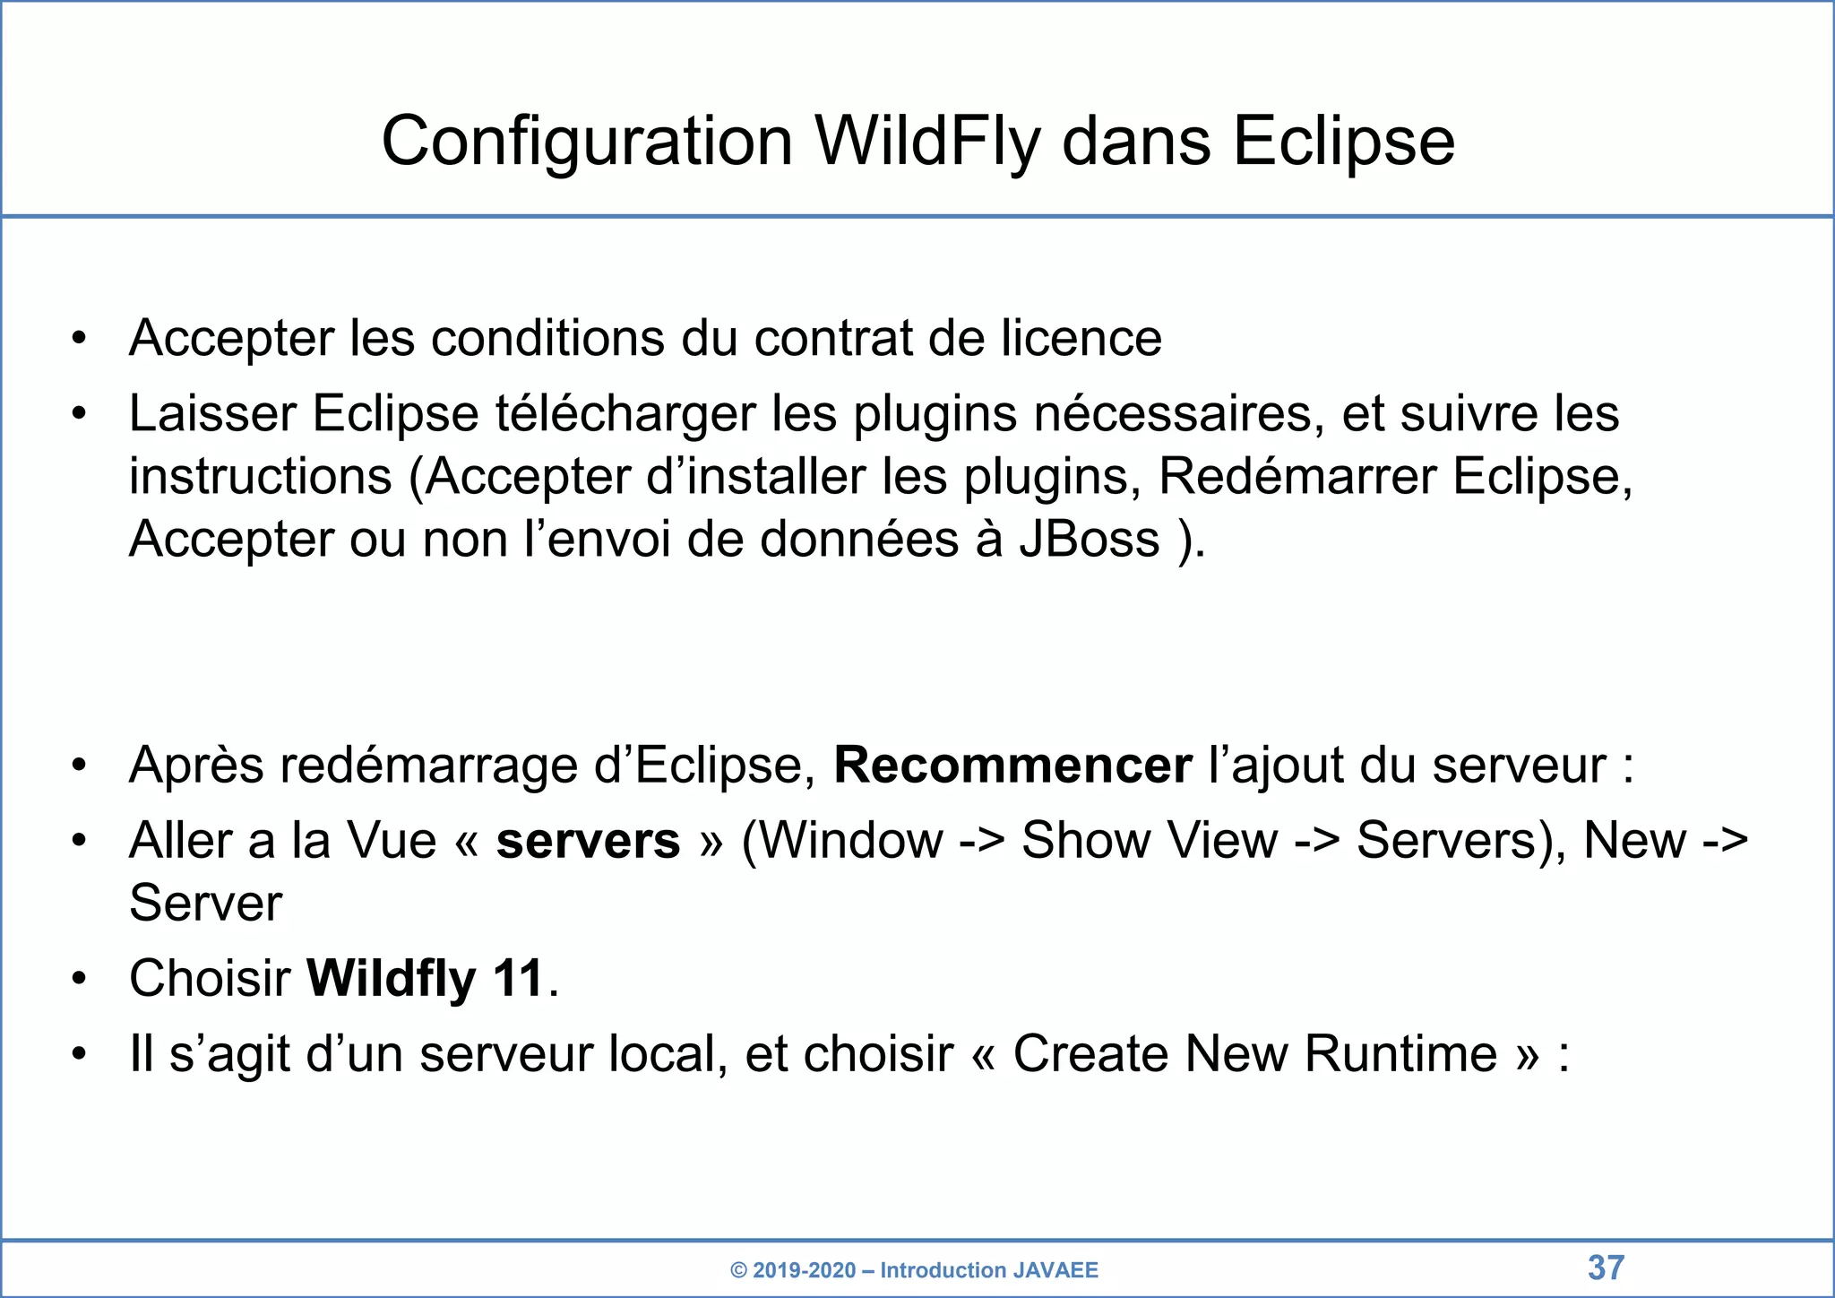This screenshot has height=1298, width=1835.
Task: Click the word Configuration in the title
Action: (587, 142)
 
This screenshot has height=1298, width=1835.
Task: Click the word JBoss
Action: (1089, 540)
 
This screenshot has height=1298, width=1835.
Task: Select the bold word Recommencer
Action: (1012, 766)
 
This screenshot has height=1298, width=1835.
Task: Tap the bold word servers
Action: (588, 841)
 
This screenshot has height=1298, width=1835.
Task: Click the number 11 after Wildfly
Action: (519, 978)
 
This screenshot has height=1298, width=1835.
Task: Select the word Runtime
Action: (1400, 1053)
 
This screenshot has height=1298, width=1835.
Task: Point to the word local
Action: (668, 1053)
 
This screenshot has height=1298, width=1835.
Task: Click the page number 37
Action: (1606, 1268)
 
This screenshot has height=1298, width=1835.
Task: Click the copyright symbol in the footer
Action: (738, 1270)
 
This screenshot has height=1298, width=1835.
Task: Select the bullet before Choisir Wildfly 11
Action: (80, 978)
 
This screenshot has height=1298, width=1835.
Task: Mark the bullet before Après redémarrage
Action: (80, 766)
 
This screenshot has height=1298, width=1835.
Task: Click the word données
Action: (859, 540)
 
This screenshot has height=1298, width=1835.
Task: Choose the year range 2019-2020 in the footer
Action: (804, 1270)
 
